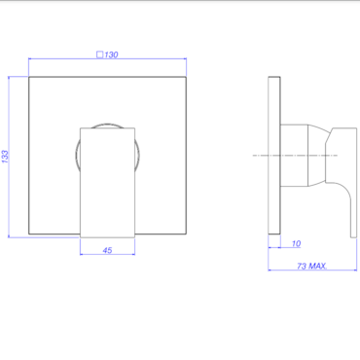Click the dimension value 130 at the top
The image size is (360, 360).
click(111, 54)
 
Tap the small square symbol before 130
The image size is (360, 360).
click(100, 54)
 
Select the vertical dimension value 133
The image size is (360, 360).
click(5, 157)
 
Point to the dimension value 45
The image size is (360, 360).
click(107, 250)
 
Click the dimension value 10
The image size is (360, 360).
click(296, 243)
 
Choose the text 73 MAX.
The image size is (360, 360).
click(311, 267)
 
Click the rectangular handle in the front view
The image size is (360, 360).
click(107, 183)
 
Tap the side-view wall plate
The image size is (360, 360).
click(274, 155)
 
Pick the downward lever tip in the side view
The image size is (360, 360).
click(353, 234)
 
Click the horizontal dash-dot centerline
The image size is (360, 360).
click(295, 156)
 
